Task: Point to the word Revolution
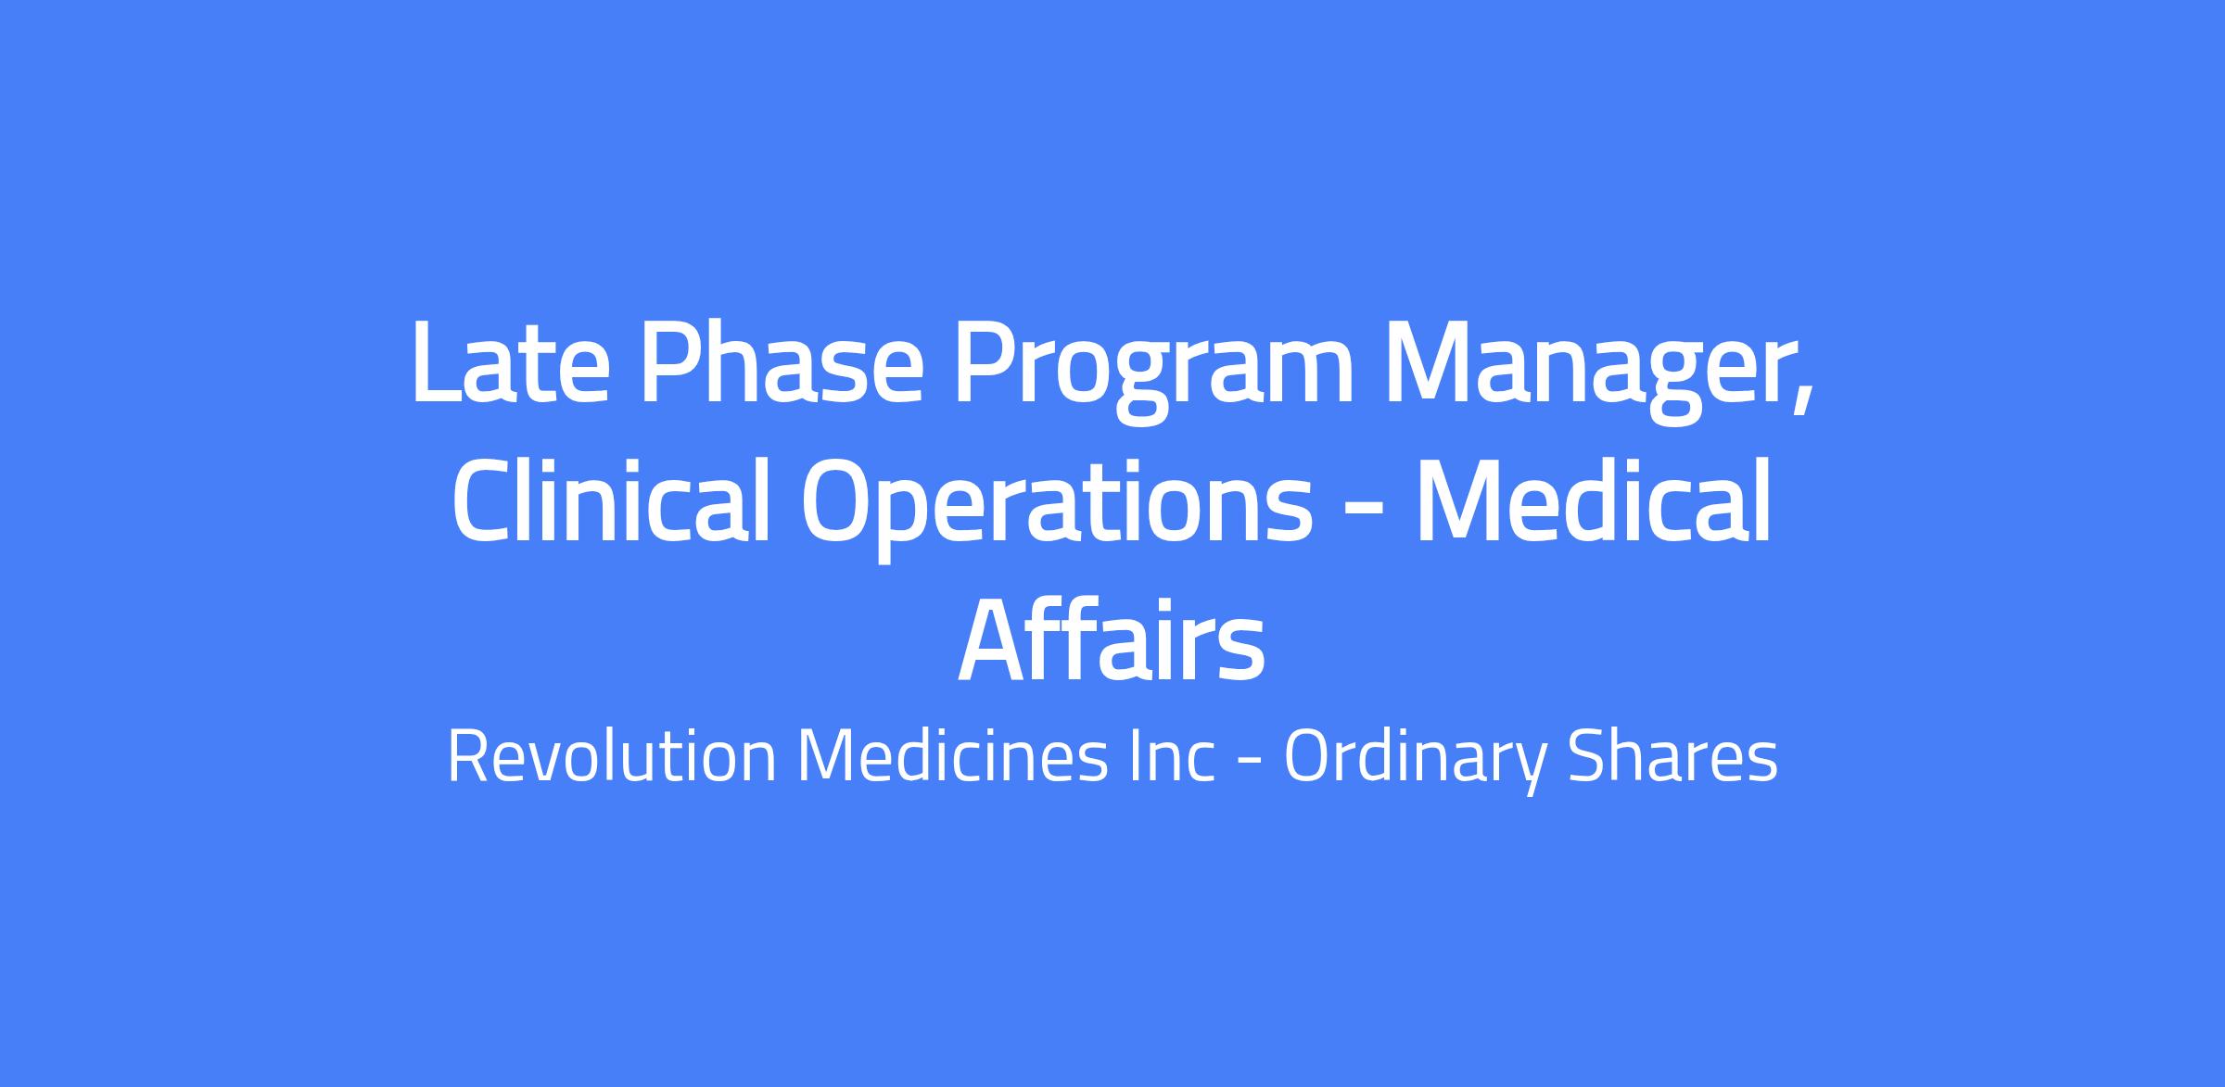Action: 612,758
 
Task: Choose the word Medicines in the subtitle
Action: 954,758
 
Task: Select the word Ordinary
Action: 1416,764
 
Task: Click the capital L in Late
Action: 439,362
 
